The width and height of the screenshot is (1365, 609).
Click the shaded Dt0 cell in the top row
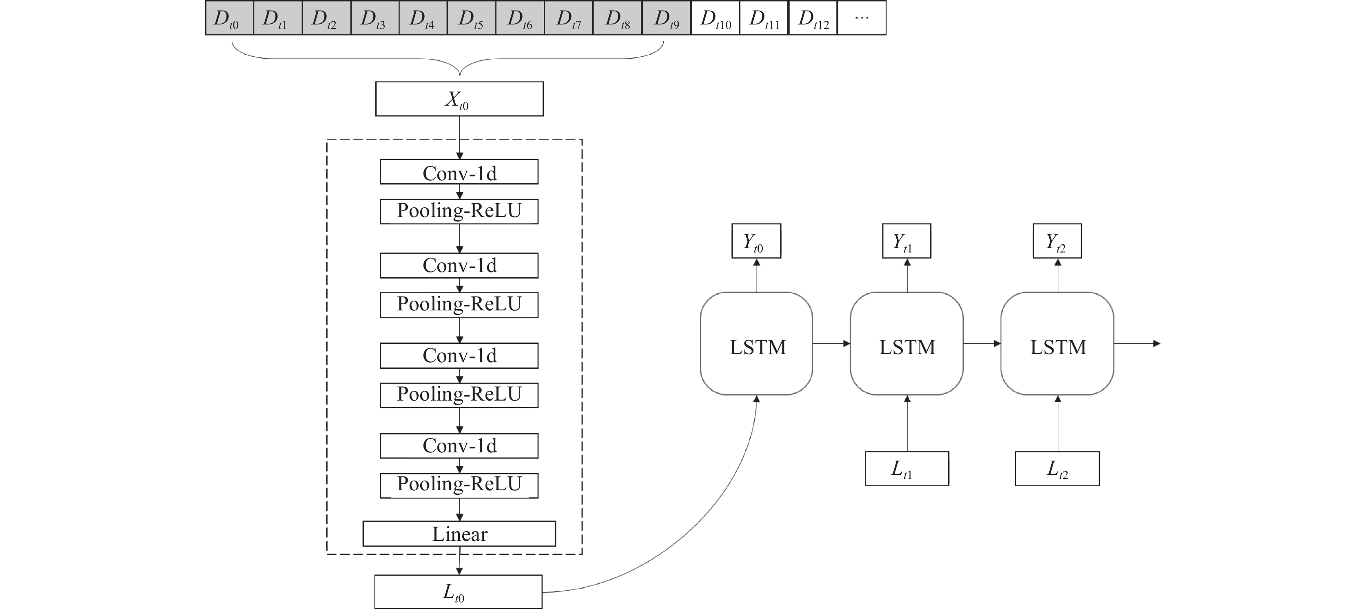click(229, 18)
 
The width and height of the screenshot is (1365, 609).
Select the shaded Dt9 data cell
click(667, 18)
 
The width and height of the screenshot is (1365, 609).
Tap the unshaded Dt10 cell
click(716, 18)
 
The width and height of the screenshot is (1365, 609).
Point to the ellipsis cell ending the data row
click(862, 18)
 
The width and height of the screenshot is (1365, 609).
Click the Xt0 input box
click(459, 99)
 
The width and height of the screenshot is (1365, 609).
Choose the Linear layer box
click(459, 534)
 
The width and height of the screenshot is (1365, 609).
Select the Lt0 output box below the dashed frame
click(459, 592)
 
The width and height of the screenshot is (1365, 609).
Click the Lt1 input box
click(906, 469)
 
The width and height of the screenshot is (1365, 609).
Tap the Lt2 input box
click(1057, 469)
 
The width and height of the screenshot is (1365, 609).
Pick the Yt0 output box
click(756, 241)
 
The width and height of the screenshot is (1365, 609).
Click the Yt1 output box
click(906, 241)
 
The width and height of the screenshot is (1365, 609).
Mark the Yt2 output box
click(1057, 241)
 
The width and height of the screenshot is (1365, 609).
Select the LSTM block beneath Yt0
click(757, 343)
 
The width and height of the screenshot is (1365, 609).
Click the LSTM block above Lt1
click(906, 343)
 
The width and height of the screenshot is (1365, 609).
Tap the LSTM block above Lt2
click(1057, 343)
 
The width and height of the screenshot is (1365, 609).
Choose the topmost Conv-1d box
click(459, 172)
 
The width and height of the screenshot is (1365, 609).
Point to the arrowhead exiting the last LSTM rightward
click(1157, 343)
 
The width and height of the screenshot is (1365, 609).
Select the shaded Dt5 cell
click(472, 18)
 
